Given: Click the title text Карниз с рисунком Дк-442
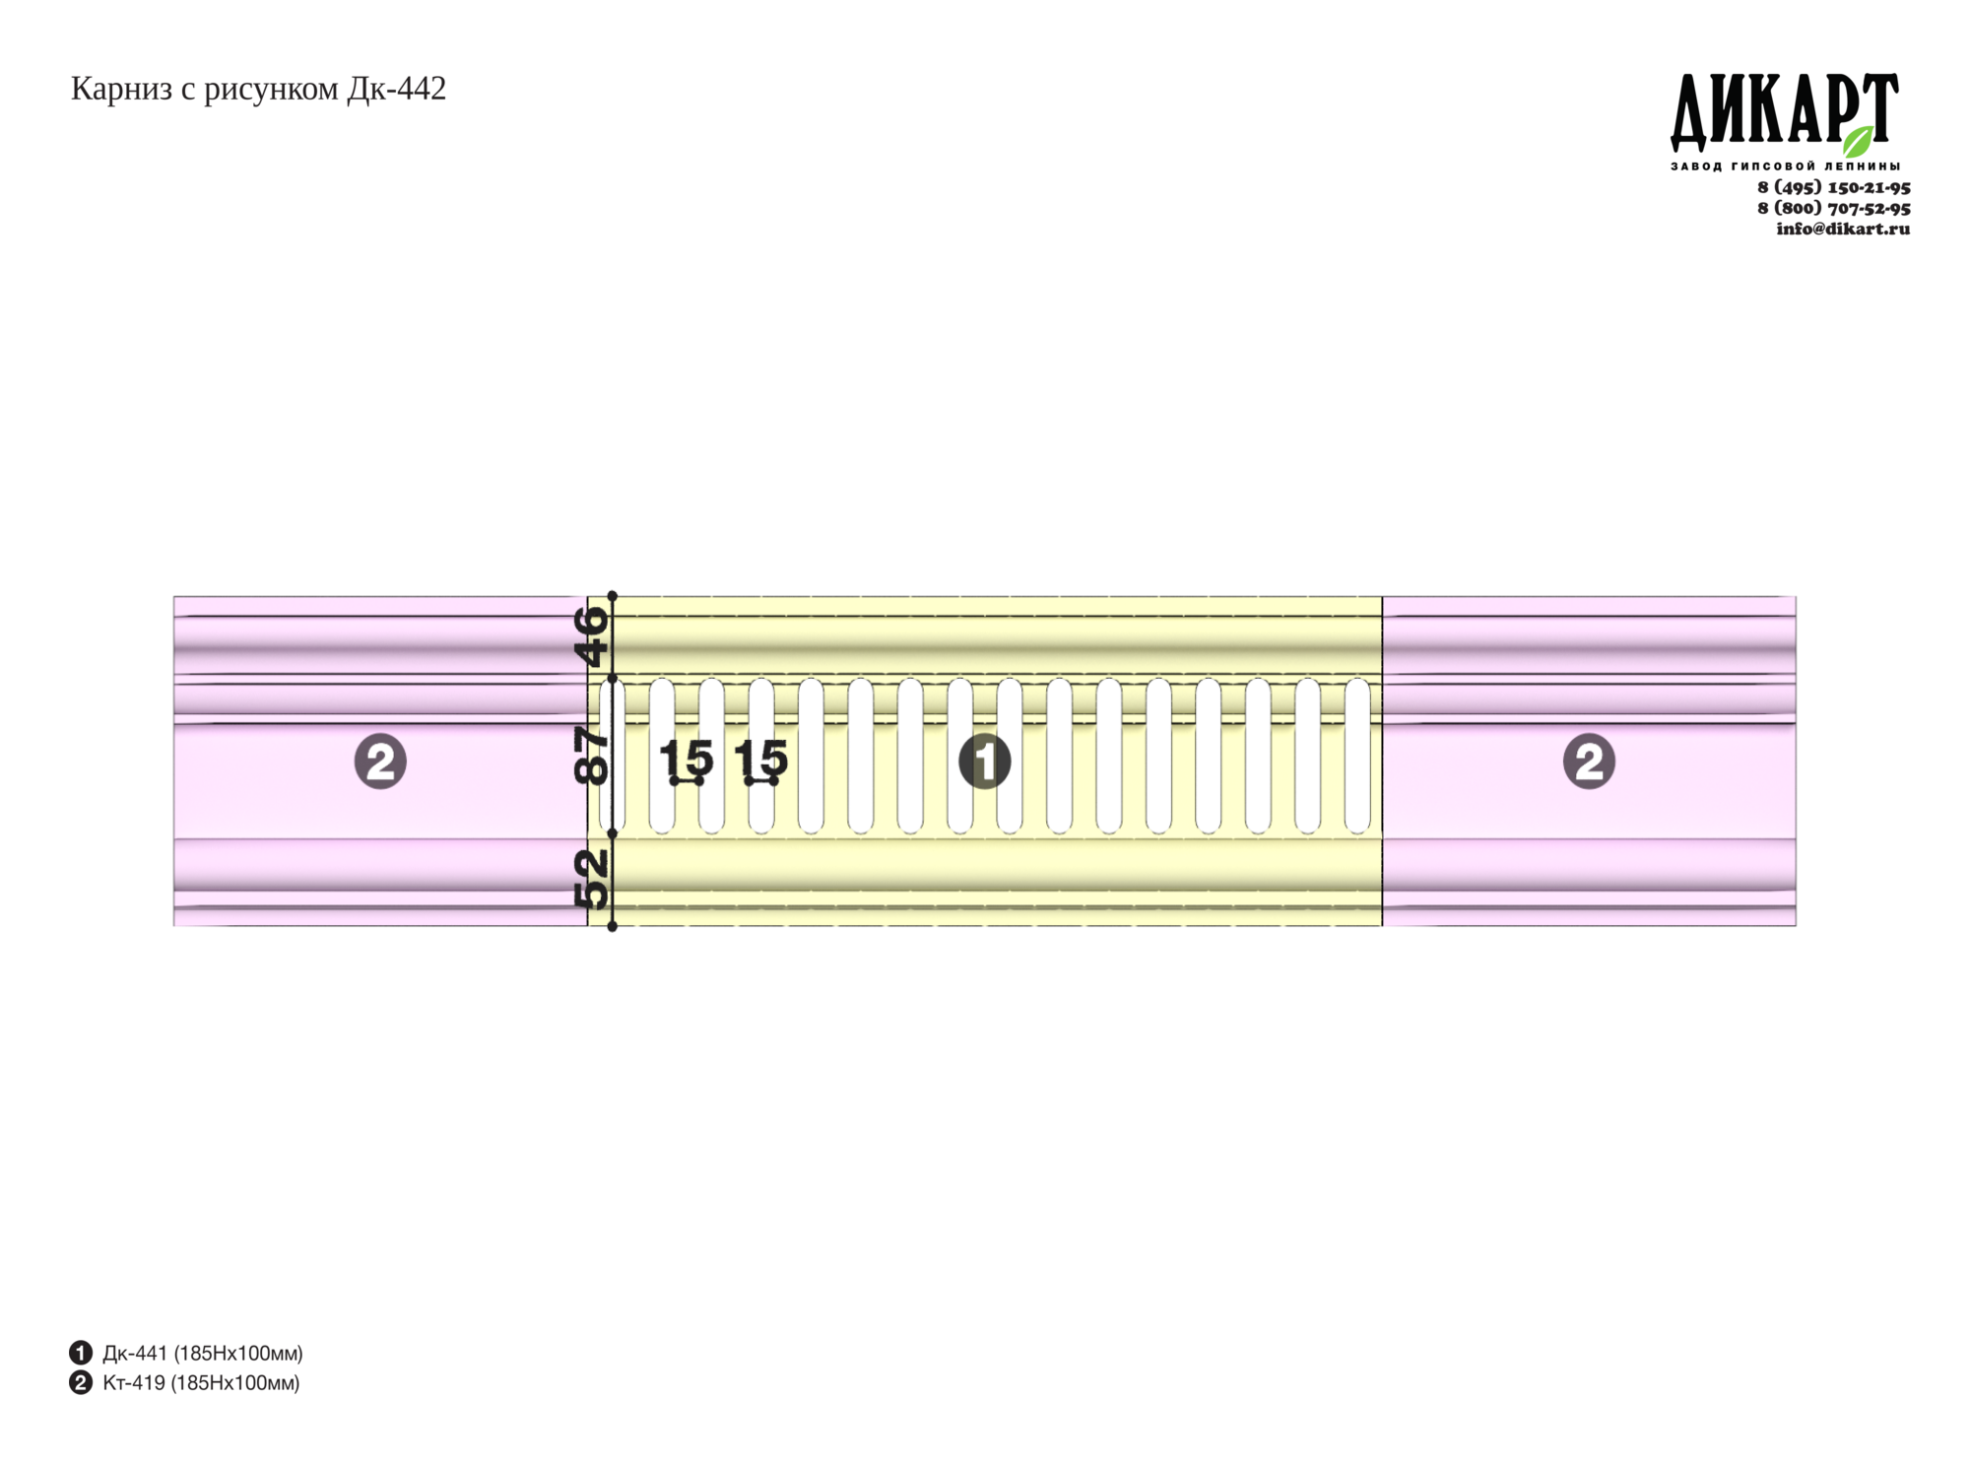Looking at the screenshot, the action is pos(258,90).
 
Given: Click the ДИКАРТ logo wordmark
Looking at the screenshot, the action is pos(1784,111).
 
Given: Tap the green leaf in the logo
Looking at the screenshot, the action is pos(1858,141).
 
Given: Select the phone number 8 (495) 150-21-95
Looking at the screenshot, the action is pos(1833,187).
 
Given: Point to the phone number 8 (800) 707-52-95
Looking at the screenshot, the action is pos(1833,208).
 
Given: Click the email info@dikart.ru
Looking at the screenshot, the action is pos(1843,229).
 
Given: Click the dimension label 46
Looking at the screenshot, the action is pos(592,636).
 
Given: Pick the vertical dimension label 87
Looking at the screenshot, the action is pos(592,756).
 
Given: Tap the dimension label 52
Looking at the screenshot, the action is pos(592,880).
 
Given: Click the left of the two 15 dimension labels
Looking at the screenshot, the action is pos(686,758).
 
